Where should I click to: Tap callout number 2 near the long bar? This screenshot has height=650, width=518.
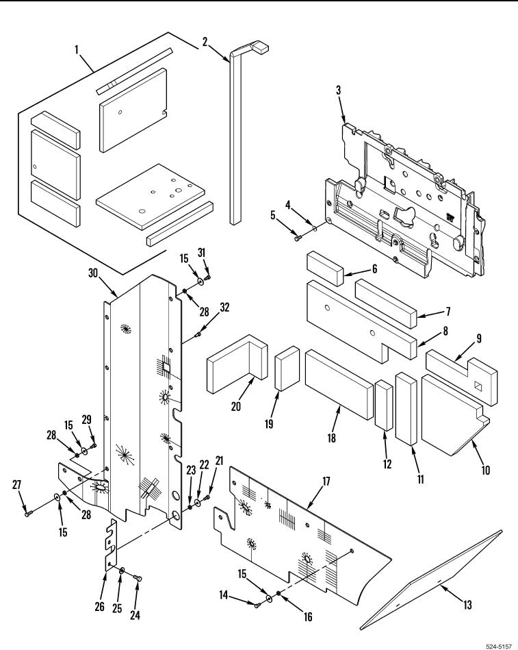click(205, 41)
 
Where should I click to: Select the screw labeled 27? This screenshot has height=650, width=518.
click(27, 510)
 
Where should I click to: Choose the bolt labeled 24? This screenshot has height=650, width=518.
click(138, 580)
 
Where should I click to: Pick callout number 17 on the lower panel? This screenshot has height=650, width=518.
click(325, 482)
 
